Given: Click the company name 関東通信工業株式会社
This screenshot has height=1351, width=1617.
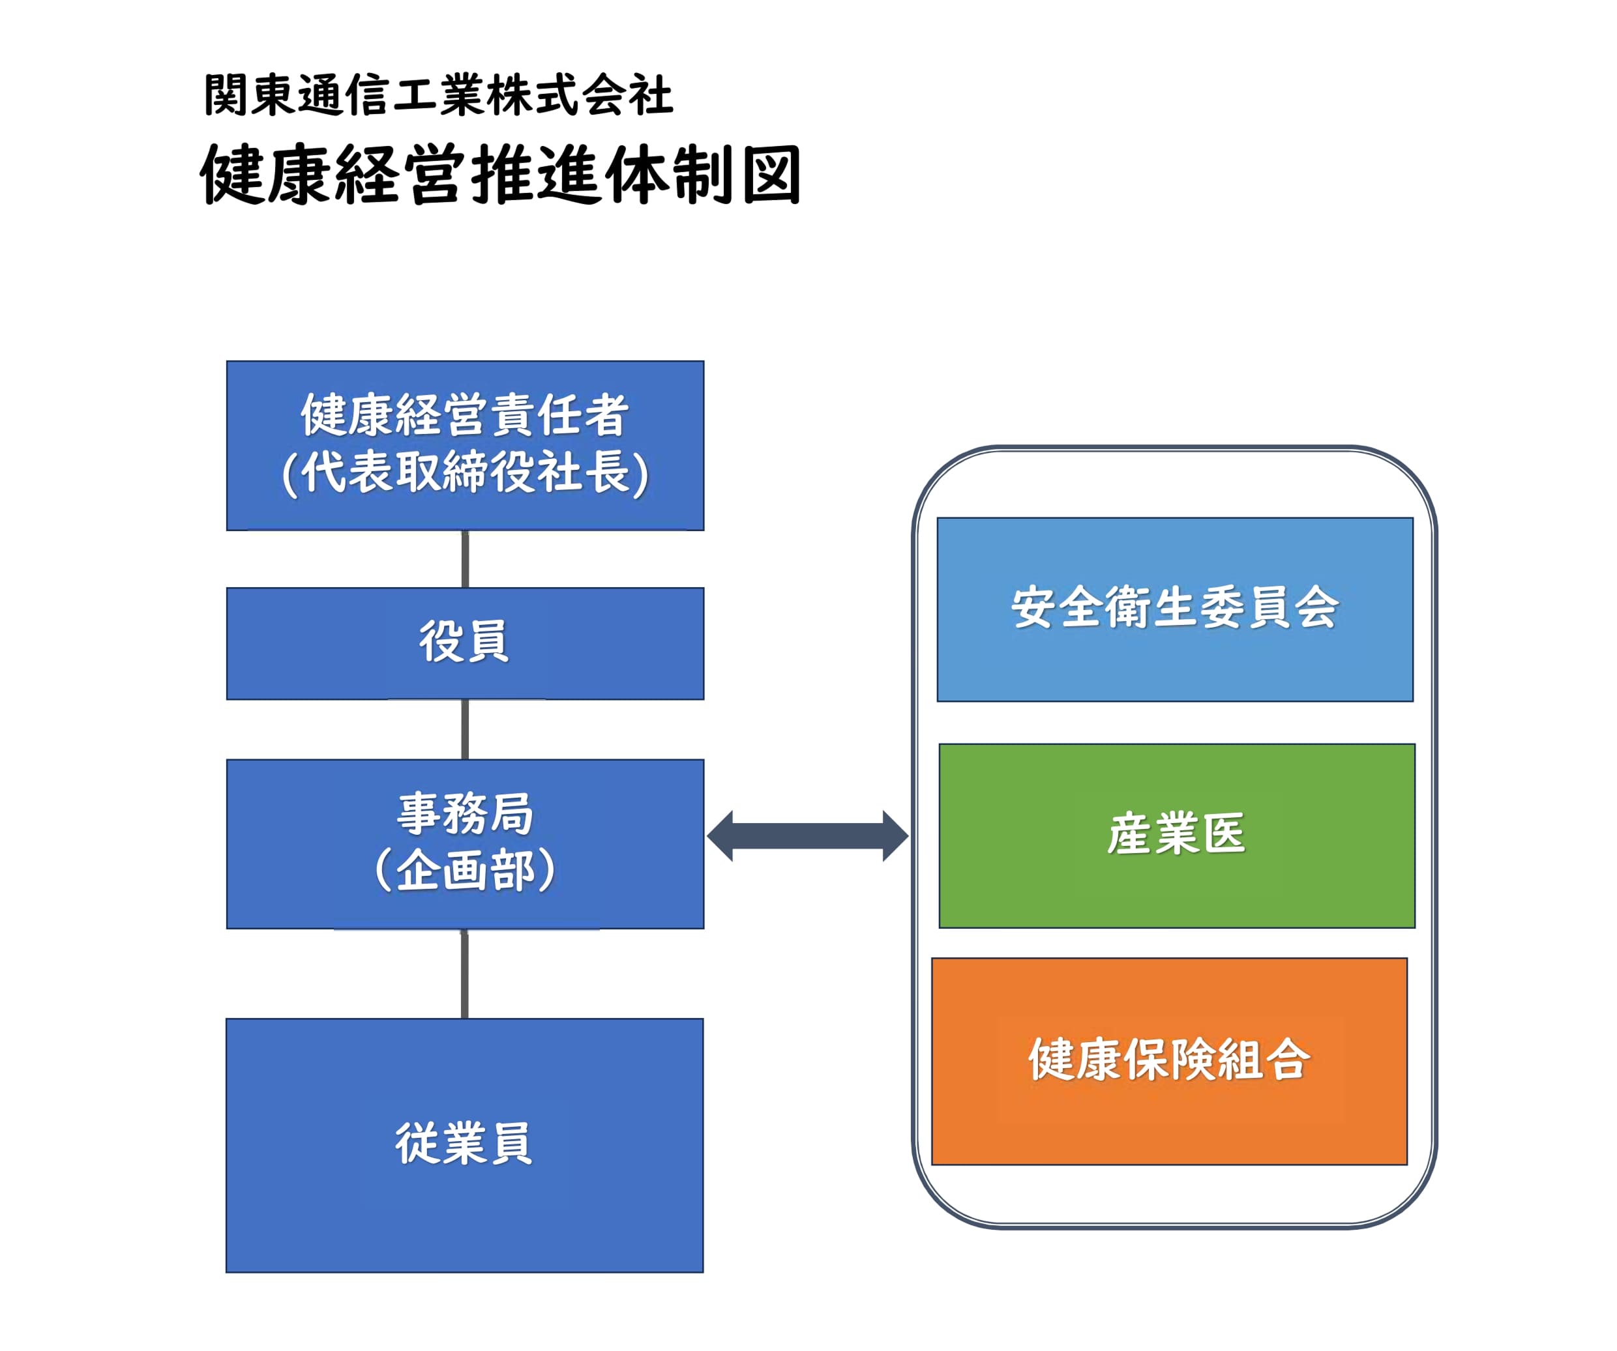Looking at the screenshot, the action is [439, 95].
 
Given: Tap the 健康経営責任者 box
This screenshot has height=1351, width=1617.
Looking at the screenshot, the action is [465, 446].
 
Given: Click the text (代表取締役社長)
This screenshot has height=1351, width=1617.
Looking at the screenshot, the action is [465, 472].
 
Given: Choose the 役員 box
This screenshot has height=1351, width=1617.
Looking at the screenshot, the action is [465, 643].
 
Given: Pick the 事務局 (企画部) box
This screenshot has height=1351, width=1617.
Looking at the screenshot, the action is [465, 844].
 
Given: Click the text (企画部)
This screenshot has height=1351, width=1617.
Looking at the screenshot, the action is [465, 870].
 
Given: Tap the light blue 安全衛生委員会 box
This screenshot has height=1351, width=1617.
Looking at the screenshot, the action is [1175, 610].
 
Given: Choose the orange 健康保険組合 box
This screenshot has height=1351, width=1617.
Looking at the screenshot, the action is [1170, 1062].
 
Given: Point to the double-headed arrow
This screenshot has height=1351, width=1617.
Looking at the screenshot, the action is [808, 836].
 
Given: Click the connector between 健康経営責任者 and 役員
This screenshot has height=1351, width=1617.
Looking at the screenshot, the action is [465, 560].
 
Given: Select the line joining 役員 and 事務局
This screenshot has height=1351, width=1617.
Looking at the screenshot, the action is [465, 730].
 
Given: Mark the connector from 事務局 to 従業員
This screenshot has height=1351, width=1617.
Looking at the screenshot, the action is [464, 974].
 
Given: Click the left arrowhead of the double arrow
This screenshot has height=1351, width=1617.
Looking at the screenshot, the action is [719, 836].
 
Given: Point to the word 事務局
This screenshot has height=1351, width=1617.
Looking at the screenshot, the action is [465, 814].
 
